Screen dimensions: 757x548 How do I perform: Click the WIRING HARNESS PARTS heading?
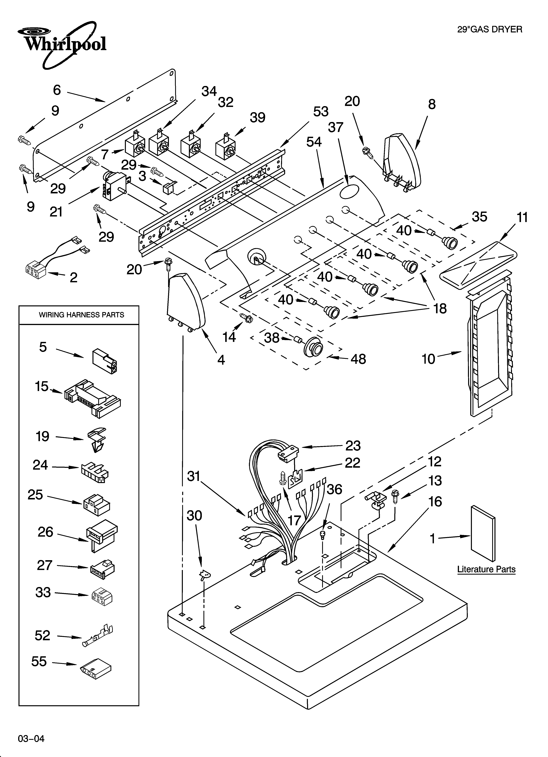coord(82,315)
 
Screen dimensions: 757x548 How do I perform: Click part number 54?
coord(314,142)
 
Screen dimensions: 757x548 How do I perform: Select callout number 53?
coord(320,112)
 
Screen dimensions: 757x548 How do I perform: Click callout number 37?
coord(335,127)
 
